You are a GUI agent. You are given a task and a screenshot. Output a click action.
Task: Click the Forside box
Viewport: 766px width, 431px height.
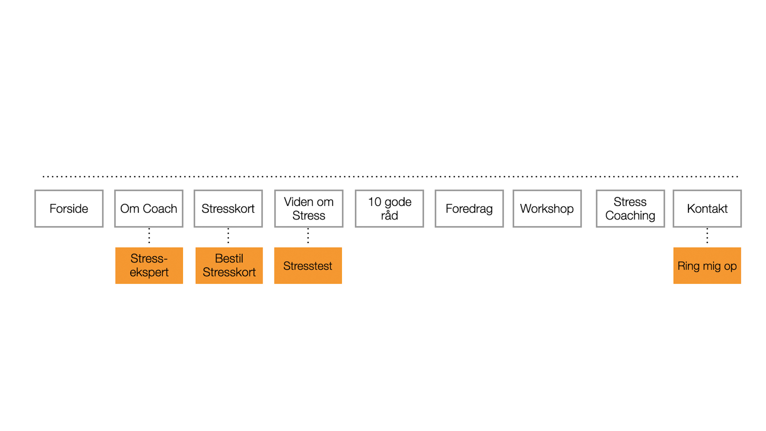click(x=69, y=209)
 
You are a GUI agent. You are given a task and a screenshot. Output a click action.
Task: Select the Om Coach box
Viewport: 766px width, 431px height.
click(x=149, y=209)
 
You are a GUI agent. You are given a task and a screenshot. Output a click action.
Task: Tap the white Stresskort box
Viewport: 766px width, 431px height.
click(x=228, y=209)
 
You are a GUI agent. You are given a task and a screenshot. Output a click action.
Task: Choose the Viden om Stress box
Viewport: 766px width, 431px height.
click(x=309, y=209)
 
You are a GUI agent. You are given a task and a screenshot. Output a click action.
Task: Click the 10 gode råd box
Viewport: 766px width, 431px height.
click(x=389, y=209)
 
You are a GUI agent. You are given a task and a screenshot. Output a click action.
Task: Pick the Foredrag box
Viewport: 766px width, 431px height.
click(x=469, y=209)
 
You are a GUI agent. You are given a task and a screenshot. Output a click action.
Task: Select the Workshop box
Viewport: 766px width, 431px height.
click(x=547, y=209)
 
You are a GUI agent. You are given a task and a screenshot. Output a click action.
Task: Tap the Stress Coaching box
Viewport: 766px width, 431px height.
click(x=630, y=209)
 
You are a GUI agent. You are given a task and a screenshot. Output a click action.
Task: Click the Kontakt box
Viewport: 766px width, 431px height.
click(x=707, y=209)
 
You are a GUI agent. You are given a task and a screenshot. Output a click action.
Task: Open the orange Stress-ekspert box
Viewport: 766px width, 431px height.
click(x=149, y=266)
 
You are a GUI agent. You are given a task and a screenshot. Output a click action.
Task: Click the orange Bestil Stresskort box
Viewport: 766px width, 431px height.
click(x=229, y=266)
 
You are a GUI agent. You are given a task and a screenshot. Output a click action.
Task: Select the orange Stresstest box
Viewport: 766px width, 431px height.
click(x=308, y=266)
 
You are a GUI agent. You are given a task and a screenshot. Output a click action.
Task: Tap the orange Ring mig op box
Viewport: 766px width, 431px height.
click(x=707, y=266)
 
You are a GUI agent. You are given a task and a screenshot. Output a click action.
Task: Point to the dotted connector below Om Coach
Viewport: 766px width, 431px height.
click(x=149, y=236)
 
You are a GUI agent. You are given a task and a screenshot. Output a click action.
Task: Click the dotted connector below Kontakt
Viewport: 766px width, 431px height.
click(x=707, y=236)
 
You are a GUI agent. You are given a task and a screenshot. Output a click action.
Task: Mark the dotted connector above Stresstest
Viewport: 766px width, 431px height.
click(x=308, y=236)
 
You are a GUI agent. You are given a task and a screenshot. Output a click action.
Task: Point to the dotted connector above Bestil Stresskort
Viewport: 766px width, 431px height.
click(x=228, y=236)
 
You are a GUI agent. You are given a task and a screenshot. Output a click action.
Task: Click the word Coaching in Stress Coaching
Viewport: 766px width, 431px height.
click(x=630, y=216)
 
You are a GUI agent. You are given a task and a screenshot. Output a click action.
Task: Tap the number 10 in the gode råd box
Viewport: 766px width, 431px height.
click(x=374, y=202)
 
